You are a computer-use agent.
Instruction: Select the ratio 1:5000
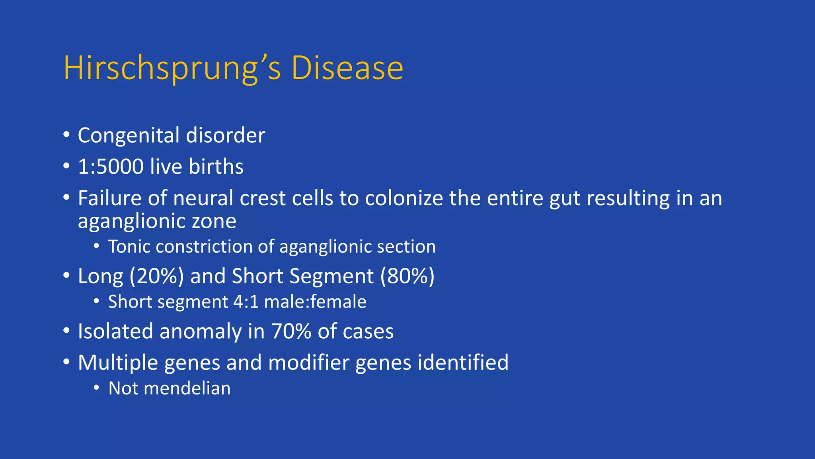tap(111, 167)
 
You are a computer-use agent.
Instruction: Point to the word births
tap(216, 167)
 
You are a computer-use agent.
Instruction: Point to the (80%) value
tap(407, 276)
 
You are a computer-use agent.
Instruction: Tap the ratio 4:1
tap(246, 302)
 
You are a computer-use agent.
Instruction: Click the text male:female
tap(315, 302)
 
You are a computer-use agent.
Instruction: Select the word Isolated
tap(115, 331)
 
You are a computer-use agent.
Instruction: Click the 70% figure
tap(291, 331)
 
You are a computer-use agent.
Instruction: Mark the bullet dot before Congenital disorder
tap(66, 134)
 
